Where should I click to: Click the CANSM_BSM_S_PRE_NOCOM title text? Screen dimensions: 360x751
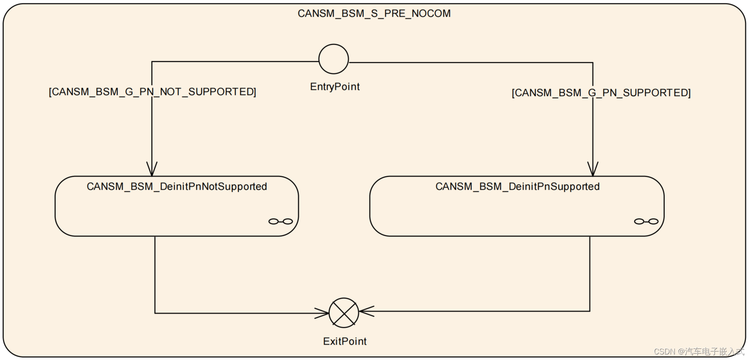tap(374, 14)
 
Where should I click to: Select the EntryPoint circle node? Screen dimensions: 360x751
tap(333, 59)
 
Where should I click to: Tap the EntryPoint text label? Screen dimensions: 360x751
tap(335, 87)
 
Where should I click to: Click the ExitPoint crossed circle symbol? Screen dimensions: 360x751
tap(344, 313)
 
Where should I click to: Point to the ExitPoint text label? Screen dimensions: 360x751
tap(345, 341)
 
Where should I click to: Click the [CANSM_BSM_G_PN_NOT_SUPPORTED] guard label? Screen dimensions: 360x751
tap(152, 92)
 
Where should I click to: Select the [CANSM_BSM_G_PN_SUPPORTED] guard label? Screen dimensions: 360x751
tap(601, 93)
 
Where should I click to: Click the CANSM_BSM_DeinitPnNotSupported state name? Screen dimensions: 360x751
tap(177, 186)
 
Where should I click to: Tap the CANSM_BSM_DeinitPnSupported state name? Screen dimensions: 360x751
tap(517, 186)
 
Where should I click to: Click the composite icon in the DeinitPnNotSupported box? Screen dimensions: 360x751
tap(280, 221)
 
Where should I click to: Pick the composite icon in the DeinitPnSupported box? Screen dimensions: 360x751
tap(646, 221)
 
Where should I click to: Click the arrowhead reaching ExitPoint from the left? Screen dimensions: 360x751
tap(323, 313)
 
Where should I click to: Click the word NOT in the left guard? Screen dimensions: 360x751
tap(171, 92)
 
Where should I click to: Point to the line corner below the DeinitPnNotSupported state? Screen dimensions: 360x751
tap(155, 313)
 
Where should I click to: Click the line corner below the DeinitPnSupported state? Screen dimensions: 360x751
tap(590, 311)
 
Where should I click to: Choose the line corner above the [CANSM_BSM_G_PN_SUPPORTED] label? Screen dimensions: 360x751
tap(593, 63)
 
